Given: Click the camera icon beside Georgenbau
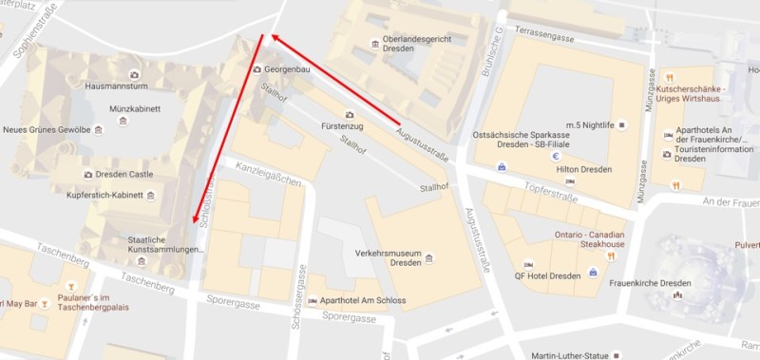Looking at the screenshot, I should [x=257, y=70].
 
